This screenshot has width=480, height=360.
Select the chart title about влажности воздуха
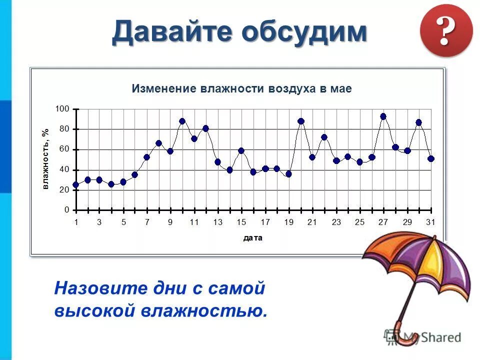(242, 89)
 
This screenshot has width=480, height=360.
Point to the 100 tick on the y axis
(62, 108)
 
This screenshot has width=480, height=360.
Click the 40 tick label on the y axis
(63, 170)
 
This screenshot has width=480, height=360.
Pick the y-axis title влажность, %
(45, 159)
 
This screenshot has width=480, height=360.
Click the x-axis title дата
(253, 238)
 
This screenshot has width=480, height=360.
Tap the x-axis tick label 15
(241, 222)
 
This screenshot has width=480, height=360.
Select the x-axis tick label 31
(430, 222)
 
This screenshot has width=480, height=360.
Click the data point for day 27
(383, 116)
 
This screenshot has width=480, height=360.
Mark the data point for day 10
(182, 121)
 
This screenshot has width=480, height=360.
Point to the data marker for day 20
(300, 121)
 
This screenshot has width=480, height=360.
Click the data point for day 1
(76, 184)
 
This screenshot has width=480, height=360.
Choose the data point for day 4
(111, 184)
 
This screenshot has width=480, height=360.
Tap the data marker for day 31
(431, 158)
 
